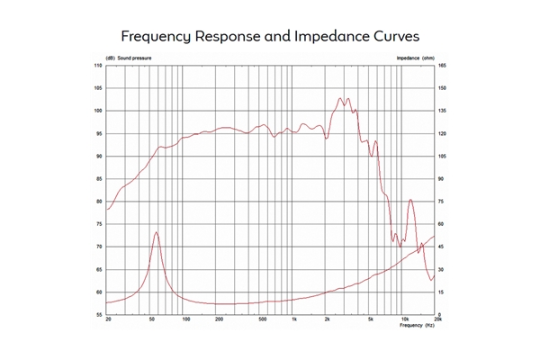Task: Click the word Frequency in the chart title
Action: click(x=157, y=37)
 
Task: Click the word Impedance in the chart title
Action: click(x=321, y=37)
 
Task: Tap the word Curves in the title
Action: click(x=393, y=37)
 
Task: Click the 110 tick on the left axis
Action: click(x=98, y=67)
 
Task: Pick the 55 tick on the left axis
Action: click(x=98, y=314)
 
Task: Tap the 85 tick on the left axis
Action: click(x=98, y=179)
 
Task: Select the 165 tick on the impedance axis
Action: click(x=442, y=67)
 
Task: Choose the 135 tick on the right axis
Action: click(x=442, y=112)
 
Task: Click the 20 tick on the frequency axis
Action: click(x=108, y=320)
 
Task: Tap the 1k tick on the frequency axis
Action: click(x=293, y=320)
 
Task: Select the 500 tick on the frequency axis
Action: click(x=262, y=320)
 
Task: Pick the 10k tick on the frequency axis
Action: click(x=404, y=320)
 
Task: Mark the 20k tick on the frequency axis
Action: click(x=436, y=320)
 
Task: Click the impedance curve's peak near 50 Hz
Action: click(x=157, y=232)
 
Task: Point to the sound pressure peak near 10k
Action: click(x=411, y=200)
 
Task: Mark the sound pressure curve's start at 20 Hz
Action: click(x=108, y=210)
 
